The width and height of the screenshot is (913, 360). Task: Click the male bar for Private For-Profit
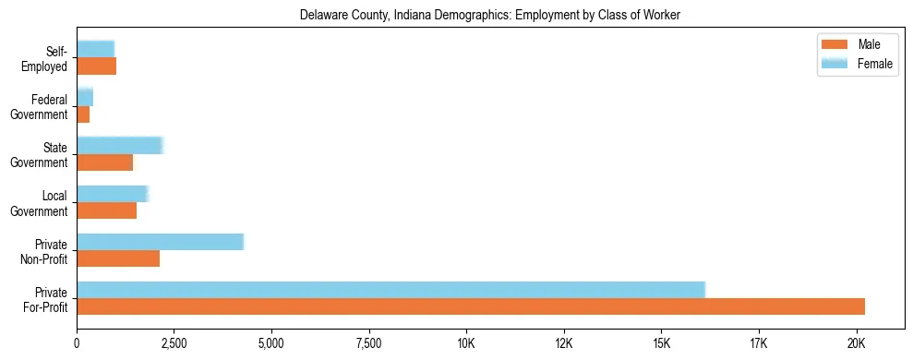pyautogui.click(x=471, y=306)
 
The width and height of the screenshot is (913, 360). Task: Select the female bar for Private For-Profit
pyautogui.click(x=390, y=289)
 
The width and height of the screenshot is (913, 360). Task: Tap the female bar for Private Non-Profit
pyautogui.click(x=160, y=241)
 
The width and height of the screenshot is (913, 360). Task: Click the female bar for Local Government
pyautogui.click(x=112, y=193)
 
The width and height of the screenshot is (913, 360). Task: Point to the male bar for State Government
pyautogui.click(x=104, y=162)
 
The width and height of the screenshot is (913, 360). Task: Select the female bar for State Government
pyautogui.click(x=119, y=145)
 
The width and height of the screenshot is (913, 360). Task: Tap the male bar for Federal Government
pyautogui.click(x=83, y=114)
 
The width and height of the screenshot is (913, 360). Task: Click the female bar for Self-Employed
pyautogui.click(x=95, y=48)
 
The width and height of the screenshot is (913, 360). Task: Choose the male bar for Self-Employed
pyautogui.click(x=96, y=66)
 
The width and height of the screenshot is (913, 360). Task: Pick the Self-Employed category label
pyautogui.click(x=50, y=59)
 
